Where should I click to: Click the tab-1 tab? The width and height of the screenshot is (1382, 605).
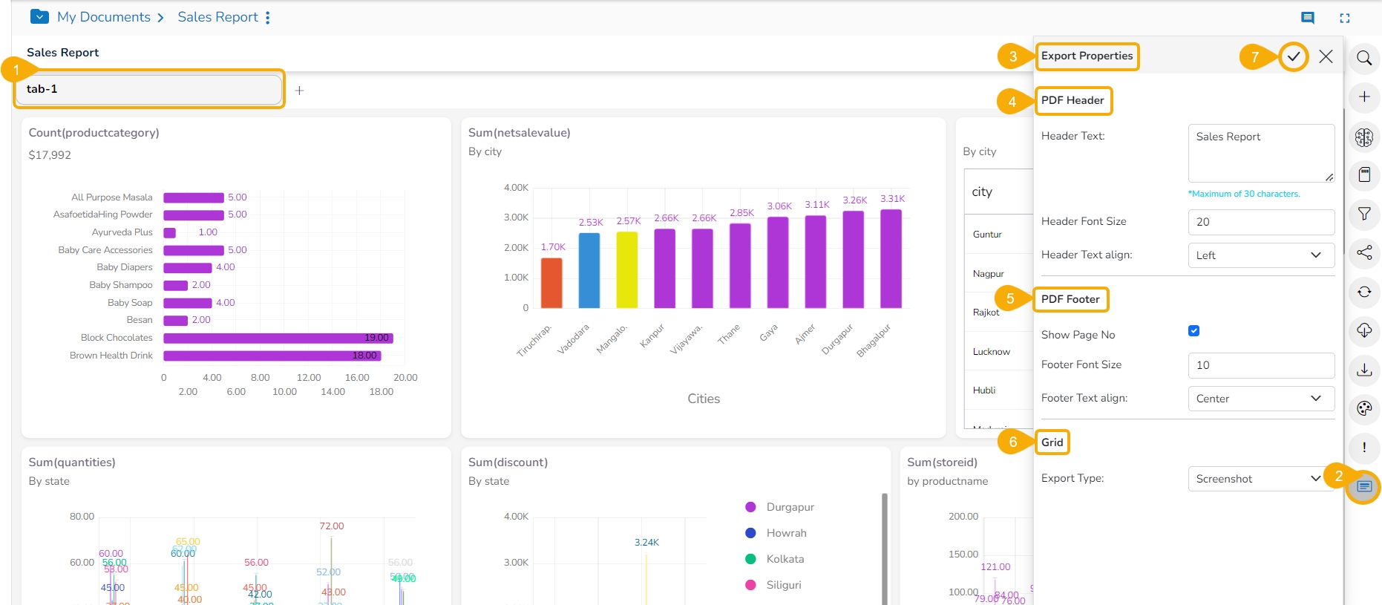(x=148, y=89)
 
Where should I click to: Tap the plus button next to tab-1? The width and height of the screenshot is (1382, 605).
(x=299, y=91)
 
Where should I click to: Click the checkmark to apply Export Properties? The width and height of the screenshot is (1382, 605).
(x=1294, y=56)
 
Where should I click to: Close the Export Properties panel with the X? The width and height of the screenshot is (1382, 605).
(x=1326, y=56)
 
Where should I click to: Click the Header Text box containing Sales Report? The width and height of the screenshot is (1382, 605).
(x=1260, y=153)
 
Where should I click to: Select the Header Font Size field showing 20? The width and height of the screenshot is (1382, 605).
(x=1260, y=222)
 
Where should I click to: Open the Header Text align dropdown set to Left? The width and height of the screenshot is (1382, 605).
(x=1260, y=255)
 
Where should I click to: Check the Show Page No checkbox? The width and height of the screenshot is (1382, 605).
(x=1193, y=331)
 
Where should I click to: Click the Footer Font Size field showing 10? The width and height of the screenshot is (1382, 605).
(x=1260, y=365)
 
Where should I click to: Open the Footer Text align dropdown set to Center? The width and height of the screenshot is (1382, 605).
(x=1260, y=399)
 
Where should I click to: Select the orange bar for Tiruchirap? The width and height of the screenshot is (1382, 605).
(x=551, y=283)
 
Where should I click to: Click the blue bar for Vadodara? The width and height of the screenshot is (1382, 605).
(x=589, y=270)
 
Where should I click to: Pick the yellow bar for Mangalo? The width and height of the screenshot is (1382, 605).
(x=627, y=269)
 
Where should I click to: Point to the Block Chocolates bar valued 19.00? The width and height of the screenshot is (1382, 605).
(x=278, y=338)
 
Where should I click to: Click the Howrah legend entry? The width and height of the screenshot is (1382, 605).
(x=785, y=533)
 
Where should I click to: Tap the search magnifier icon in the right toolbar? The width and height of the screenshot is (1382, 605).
(x=1364, y=58)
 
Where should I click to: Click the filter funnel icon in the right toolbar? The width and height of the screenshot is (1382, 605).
(x=1364, y=214)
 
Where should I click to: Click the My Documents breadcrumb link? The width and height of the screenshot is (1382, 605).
(x=104, y=17)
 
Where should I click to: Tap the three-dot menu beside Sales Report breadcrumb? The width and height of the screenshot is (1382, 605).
(x=268, y=17)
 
